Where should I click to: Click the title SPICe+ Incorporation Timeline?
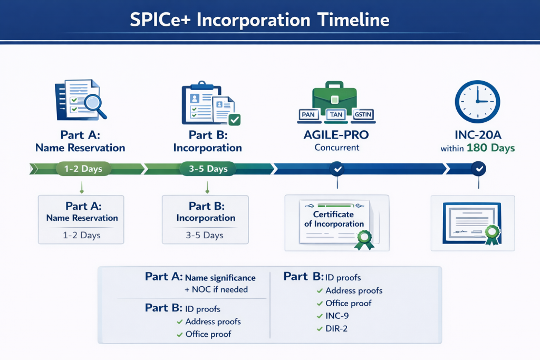point(259,20)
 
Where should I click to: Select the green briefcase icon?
point(335,95)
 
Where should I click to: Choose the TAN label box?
point(335,114)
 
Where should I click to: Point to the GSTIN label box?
point(362,114)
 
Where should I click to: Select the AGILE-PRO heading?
point(336,135)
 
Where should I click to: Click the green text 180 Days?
point(490,148)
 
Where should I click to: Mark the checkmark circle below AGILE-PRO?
point(336,169)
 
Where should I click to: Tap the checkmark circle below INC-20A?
point(478,169)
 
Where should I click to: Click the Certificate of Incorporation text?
point(334,219)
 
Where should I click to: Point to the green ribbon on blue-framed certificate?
point(492,233)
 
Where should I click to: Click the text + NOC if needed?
point(216,289)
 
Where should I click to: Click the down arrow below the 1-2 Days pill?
point(81,188)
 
